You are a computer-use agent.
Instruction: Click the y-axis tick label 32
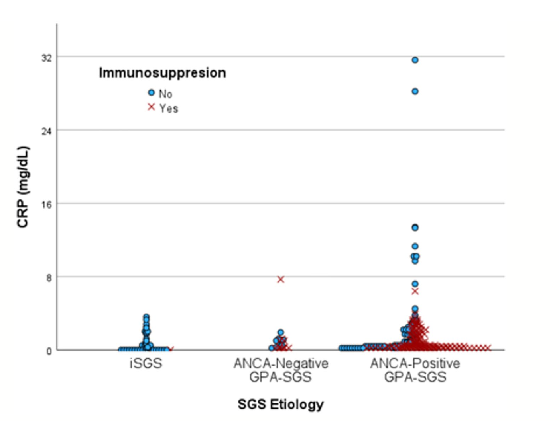[47, 58]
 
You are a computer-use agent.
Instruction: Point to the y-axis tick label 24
[47, 131]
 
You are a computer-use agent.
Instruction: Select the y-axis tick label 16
[47, 205]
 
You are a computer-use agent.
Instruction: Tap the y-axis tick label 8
[49, 278]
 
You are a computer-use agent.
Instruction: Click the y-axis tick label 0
[49, 351]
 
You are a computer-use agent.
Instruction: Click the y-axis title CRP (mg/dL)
[23, 187]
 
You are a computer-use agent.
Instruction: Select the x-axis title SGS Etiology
[281, 404]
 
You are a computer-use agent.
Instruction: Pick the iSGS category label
[146, 363]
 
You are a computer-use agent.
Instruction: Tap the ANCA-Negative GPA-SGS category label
[281, 370]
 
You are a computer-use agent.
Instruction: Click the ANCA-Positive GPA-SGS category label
[415, 370]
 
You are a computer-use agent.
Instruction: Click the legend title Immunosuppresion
[162, 73]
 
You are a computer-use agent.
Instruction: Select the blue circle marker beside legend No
[151, 93]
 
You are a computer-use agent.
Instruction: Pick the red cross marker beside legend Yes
[151, 107]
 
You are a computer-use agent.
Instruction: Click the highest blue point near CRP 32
[415, 60]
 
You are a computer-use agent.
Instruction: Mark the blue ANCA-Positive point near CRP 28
[415, 92]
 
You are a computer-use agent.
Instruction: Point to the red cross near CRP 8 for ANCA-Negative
[281, 279]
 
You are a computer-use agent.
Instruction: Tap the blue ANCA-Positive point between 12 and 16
[415, 228]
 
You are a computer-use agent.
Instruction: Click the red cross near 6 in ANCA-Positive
[415, 291]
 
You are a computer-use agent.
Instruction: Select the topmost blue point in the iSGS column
[146, 317]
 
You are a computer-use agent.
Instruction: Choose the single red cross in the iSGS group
[171, 349]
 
